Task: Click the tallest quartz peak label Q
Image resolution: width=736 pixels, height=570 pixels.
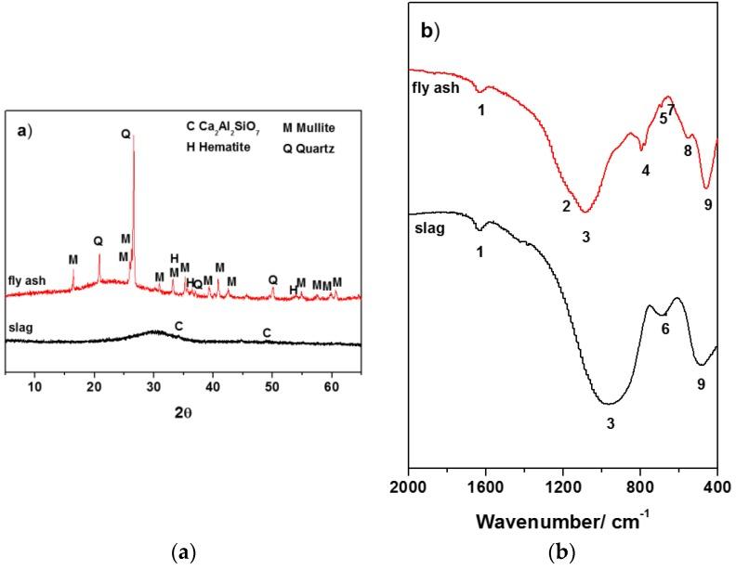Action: (x=125, y=134)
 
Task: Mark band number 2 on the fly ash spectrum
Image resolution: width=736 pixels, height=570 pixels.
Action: (x=565, y=205)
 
